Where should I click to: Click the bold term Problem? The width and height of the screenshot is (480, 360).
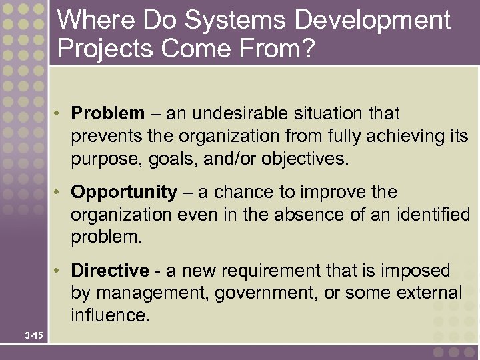coord(107,114)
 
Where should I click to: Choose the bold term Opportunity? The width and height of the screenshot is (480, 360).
coord(124,193)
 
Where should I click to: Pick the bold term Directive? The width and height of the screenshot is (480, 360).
coord(110,271)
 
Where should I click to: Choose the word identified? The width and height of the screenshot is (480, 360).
coord(433,215)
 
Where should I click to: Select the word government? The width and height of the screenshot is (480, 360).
coord(260,293)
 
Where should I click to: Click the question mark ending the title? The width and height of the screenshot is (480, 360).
coord(306,49)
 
